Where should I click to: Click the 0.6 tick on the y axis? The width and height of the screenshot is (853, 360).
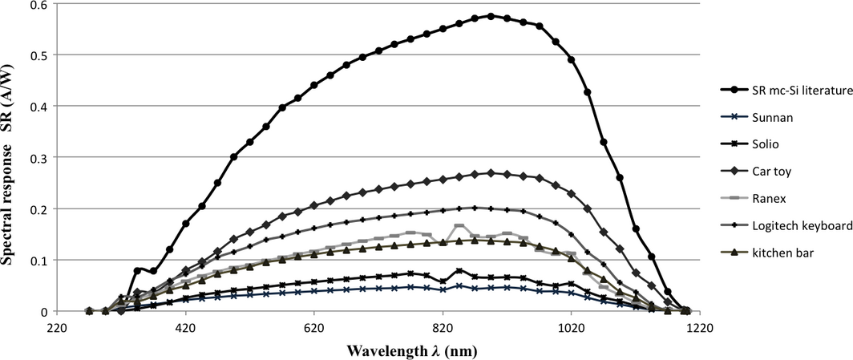coord(38,4)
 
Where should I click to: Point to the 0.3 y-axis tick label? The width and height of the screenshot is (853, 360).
coord(38,157)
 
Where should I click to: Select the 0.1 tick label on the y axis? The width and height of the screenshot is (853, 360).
coord(38,260)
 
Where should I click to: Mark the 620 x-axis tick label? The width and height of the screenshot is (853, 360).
coord(313,327)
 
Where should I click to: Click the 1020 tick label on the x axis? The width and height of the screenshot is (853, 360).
coord(571,327)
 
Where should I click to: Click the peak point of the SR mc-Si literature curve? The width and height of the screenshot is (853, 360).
coord(491,15)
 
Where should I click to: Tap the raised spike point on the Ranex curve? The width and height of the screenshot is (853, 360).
coord(459,227)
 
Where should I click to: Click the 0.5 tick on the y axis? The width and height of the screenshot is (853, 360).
coord(38,55)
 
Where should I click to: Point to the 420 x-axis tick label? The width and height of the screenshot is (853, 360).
coord(185,327)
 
